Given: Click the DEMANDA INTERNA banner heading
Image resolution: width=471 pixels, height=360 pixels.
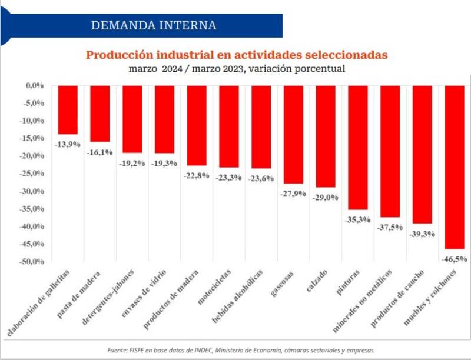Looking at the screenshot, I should tap(154, 25).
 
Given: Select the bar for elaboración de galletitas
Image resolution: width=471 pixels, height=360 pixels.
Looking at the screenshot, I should tap(68, 110).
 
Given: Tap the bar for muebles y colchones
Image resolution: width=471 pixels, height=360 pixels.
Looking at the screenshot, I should tap(455, 167).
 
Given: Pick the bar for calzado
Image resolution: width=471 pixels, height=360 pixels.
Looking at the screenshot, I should tap(326, 136).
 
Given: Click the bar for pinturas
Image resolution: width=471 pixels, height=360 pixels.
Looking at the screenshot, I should tap(358, 148).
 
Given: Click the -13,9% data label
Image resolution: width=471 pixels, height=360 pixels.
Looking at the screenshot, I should tap(67, 144).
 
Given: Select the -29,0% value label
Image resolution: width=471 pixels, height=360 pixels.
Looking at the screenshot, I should tap(326, 197).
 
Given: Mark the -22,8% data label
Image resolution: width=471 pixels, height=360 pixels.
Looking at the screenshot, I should tap(196, 175).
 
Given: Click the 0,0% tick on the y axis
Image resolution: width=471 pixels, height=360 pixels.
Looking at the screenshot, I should tap(36, 86).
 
